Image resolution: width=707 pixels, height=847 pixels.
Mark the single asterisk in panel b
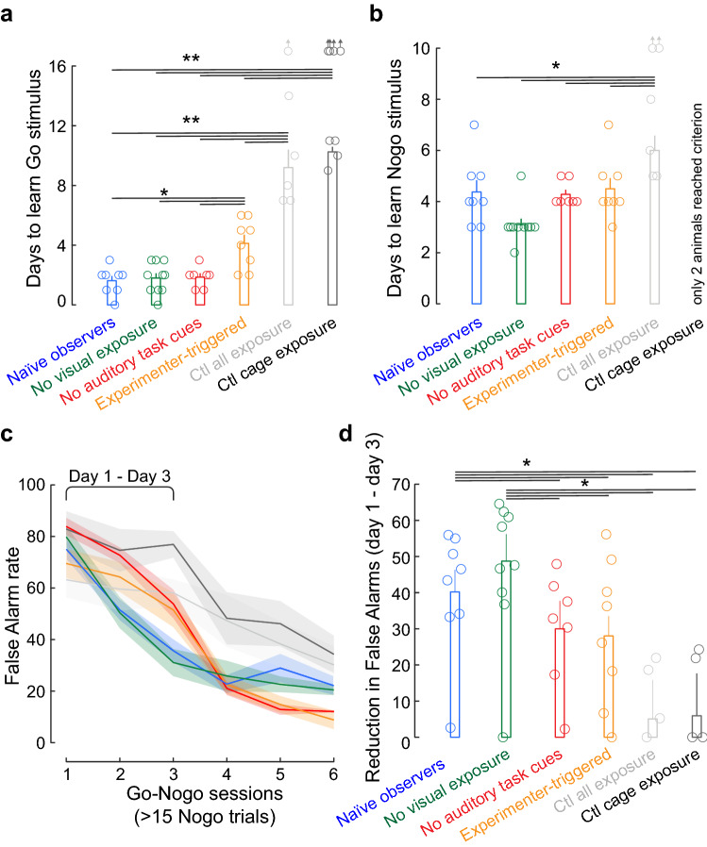click(557, 67)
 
